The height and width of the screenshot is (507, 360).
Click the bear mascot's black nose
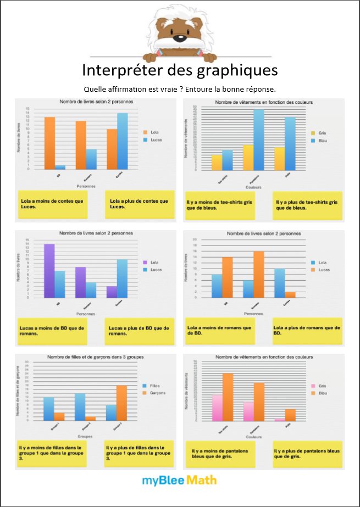click(180, 38)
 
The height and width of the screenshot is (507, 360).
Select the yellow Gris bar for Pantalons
click(248, 158)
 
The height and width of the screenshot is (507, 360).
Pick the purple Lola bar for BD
click(49, 271)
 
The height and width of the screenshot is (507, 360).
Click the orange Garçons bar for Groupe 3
click(121, 403)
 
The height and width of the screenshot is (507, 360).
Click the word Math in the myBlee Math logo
click(202, 481)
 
